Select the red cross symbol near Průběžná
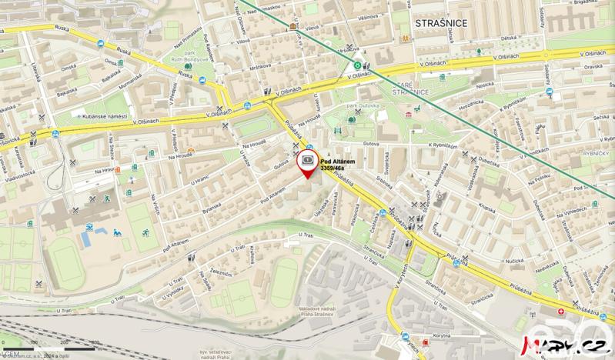560,313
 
